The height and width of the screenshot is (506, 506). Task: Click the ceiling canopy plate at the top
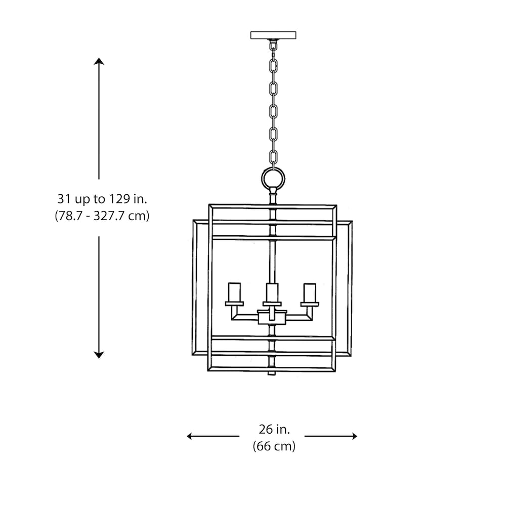273,35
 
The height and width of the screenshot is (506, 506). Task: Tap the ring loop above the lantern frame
273,178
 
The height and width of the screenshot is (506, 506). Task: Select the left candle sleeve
234,292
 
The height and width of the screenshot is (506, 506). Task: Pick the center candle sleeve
272,293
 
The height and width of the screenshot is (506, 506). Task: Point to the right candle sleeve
310,292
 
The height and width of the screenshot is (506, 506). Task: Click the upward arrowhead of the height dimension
99,62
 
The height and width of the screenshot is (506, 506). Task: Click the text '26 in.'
274,430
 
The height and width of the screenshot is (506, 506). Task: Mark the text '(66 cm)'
274,446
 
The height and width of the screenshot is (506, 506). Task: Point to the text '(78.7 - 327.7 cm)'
102,216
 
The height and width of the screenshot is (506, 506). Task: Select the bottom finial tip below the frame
272,373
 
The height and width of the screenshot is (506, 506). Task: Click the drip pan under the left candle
234,304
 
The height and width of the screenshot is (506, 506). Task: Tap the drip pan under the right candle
310,304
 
